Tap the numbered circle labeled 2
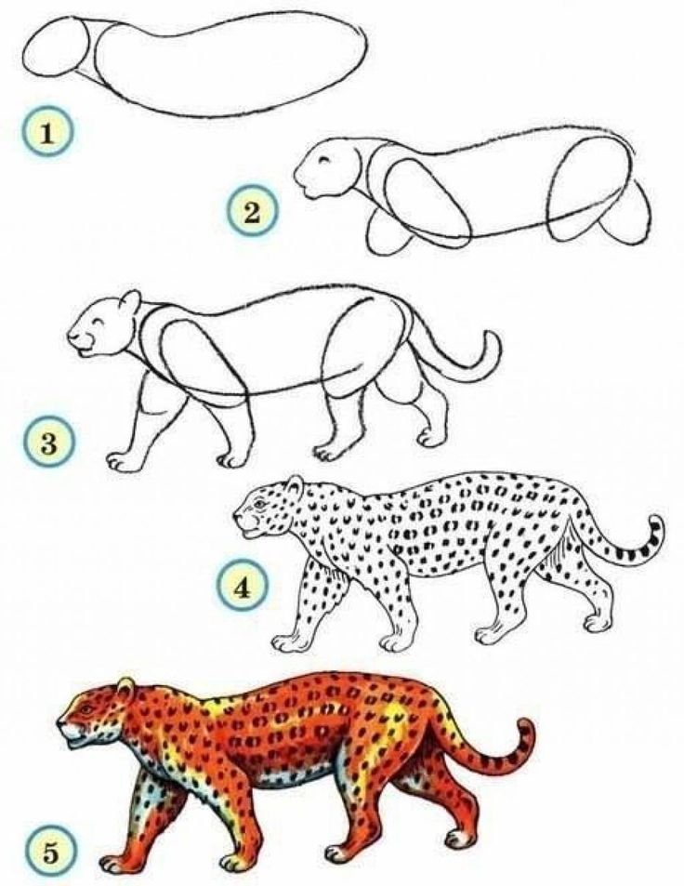point(252,211)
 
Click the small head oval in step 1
point(58,47)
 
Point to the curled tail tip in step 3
point(493,346)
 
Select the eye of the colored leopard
point(85,709)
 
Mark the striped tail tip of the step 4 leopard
point(656,526)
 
